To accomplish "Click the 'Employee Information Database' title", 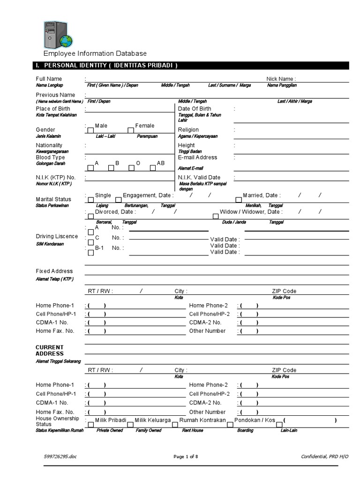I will (x=95, y=54).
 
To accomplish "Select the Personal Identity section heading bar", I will (x=192, y=65).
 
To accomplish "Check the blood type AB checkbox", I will (x=152, y=167).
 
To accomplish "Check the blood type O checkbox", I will (x=132, y=167).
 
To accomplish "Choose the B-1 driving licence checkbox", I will (x=90, y=253).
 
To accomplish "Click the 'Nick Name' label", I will (x=281, y=79).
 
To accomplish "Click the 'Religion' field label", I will (x=188, y=130).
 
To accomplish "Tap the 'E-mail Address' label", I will (x=197, y=157).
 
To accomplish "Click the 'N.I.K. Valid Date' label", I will (x=199, y=178).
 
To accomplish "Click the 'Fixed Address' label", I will (x=54, y=271).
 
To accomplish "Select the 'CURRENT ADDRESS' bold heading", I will (x=50, y=350).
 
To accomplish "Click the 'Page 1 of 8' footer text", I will (x=189, y=457).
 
